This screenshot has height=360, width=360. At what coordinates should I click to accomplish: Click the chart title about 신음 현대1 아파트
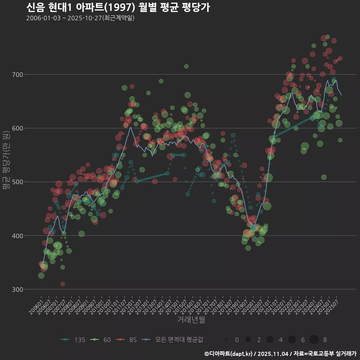118,7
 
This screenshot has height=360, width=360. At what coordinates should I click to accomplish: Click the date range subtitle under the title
80,18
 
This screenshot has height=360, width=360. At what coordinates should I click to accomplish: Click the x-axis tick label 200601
36,308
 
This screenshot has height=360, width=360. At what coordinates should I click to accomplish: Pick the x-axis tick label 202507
332,308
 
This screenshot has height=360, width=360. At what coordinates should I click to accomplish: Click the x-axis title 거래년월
191,320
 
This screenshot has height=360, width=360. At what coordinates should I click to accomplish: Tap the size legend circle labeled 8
314,340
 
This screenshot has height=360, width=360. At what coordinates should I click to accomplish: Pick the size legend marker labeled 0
226,340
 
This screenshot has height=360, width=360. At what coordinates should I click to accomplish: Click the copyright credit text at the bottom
280,354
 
